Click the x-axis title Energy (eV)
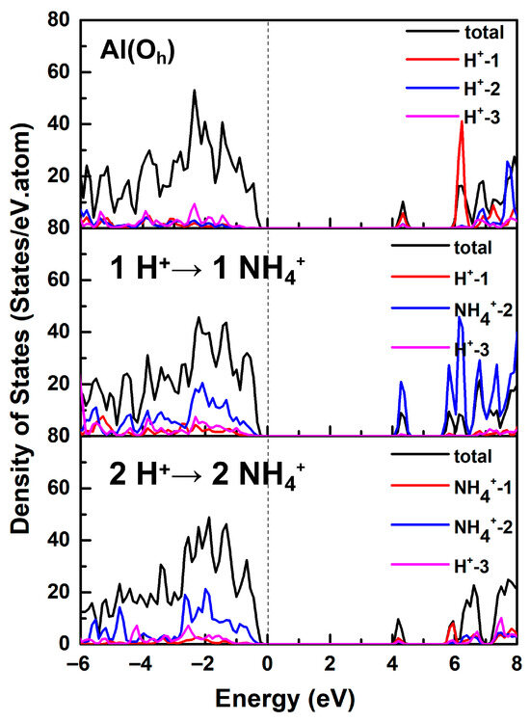(x=285, y=699)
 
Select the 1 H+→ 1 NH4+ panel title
(x=207, y=269)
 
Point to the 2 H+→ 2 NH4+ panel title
(x=207, y=475)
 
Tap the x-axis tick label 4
(x=392, y=664)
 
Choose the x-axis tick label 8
(x=517, y=664)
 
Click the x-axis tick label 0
(x=268, y=664)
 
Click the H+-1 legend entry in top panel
(x=453, y=60)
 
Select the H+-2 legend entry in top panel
(x=453, y=88)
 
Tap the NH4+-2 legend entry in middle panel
(x=452, y=309)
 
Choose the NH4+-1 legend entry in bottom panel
(x=452, y=487)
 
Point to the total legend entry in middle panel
(x=441, y=248)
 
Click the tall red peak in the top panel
(x=462, y=121)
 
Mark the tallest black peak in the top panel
(x=195, y=91)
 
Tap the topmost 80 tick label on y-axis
(x=58, y=20)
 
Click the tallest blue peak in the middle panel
(x=460, y=318)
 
